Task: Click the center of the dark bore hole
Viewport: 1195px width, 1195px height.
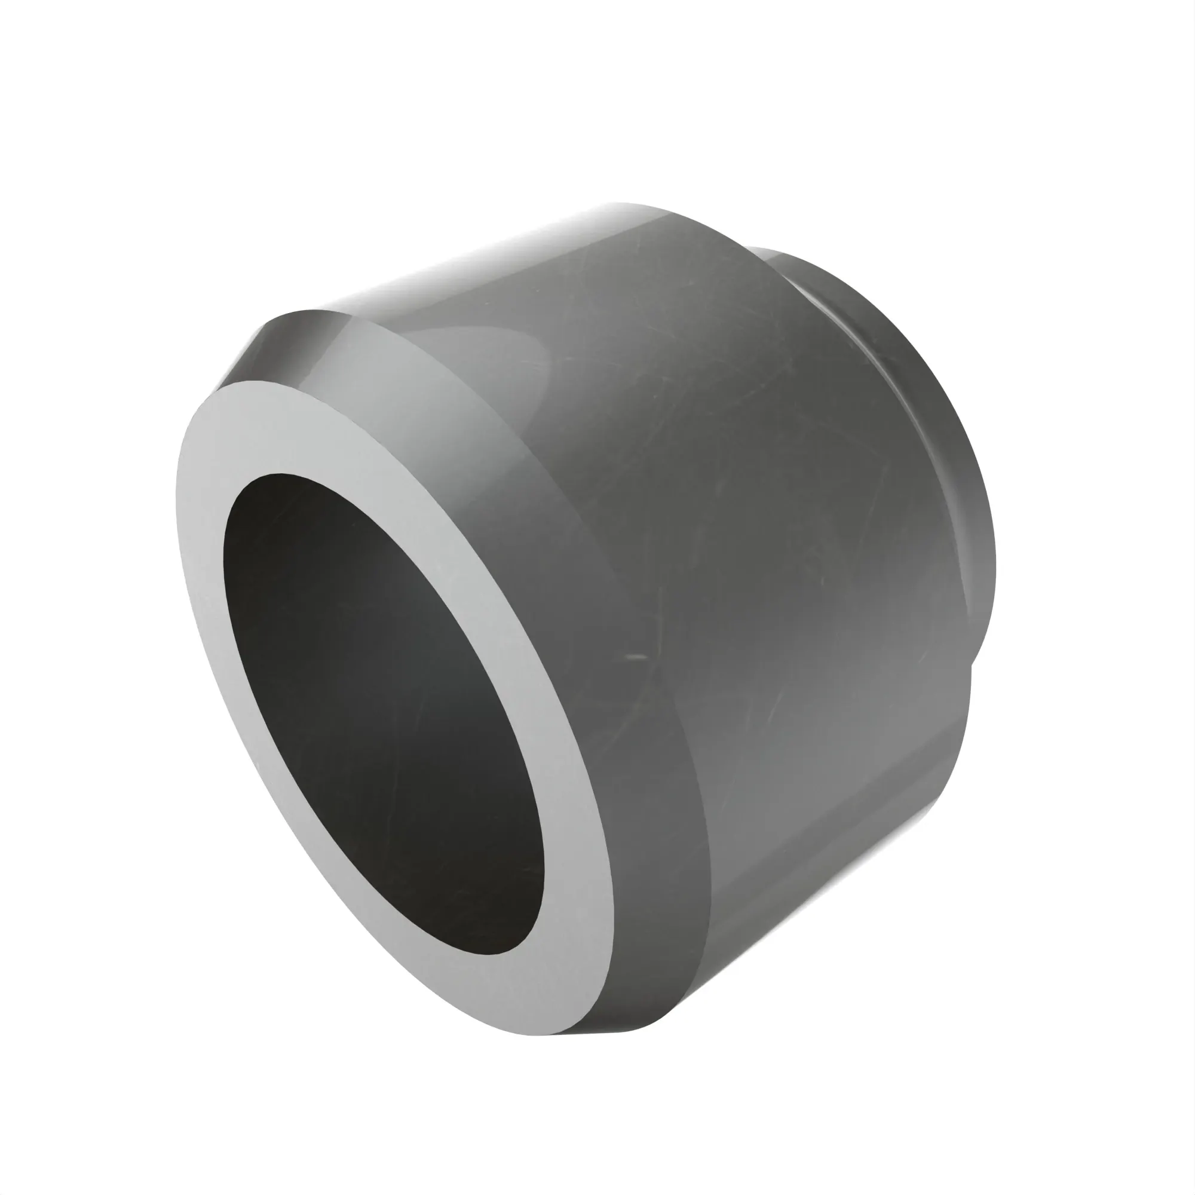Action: coord(384,711)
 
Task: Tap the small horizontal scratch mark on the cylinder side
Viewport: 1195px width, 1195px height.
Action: coord(636,656)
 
